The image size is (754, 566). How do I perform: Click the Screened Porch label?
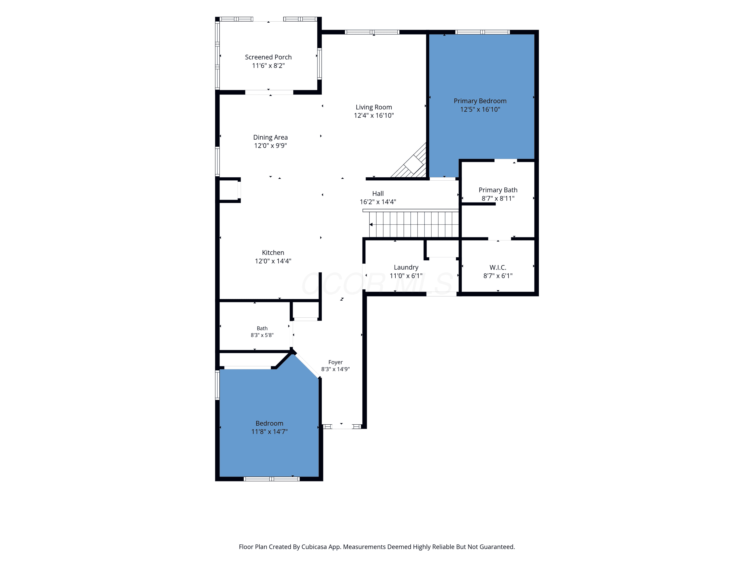268,57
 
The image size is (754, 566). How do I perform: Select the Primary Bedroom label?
480,101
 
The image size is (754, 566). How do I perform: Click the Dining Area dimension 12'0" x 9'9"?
270,146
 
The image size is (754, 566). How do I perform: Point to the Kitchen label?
273,253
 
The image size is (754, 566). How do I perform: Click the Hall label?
378,193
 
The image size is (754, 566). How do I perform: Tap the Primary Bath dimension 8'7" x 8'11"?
498,198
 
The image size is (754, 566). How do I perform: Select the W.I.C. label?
498,267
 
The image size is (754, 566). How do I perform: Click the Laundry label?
406,267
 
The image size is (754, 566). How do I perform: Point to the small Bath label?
262,328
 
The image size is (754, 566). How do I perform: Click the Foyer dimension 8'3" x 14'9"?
336,369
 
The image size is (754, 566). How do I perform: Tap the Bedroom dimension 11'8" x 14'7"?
269,432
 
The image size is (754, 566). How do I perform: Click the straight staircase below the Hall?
414,224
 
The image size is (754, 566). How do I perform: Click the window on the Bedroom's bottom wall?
272,479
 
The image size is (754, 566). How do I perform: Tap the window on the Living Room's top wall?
372,32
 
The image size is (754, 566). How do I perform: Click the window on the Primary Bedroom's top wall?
482,32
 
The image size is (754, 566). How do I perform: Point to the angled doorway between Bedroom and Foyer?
307,366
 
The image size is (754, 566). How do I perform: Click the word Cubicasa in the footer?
314,547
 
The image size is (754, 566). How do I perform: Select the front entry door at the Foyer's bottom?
342,426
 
